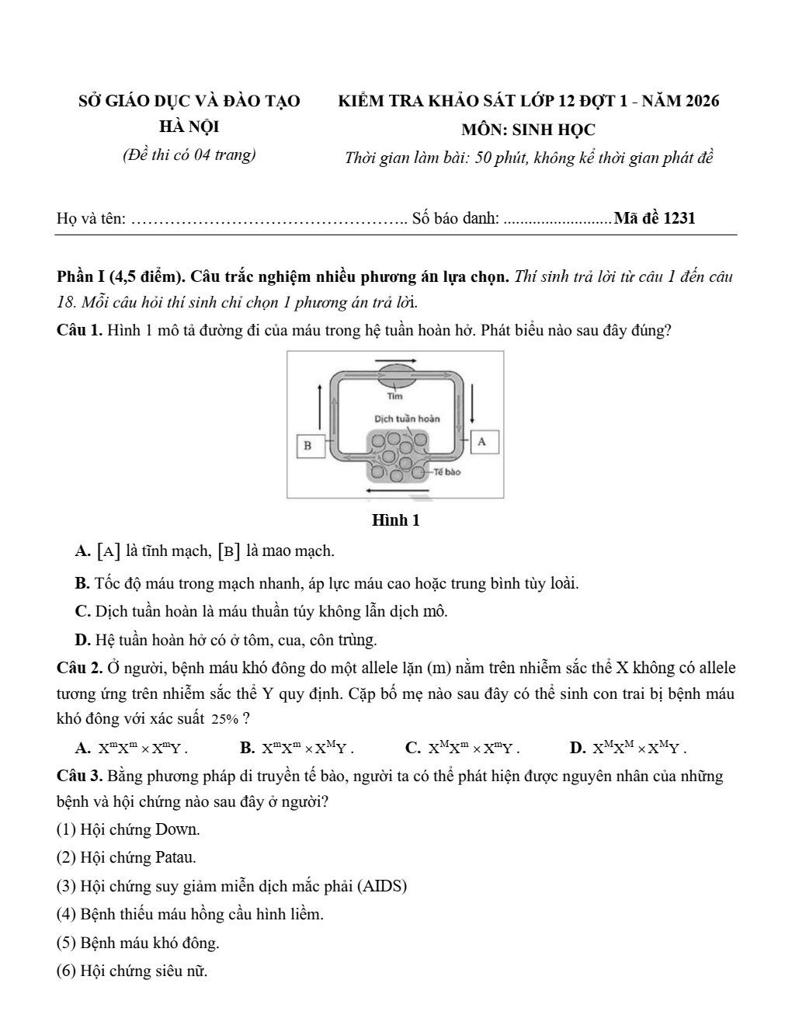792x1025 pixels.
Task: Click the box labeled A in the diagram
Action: [482, 441]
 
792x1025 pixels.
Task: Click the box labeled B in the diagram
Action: [308, 445]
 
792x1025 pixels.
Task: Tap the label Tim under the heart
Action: [395, 396]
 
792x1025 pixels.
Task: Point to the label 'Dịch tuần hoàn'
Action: [407, 419]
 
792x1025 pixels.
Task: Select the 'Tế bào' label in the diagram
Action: [448, 471]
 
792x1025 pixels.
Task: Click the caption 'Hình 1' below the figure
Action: [396, 520]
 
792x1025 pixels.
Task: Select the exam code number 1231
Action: [680, 218]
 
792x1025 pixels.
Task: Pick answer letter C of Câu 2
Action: [414, 748]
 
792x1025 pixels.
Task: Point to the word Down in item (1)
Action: [177, 829]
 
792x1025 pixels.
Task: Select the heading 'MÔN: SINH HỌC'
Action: [528, 130]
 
